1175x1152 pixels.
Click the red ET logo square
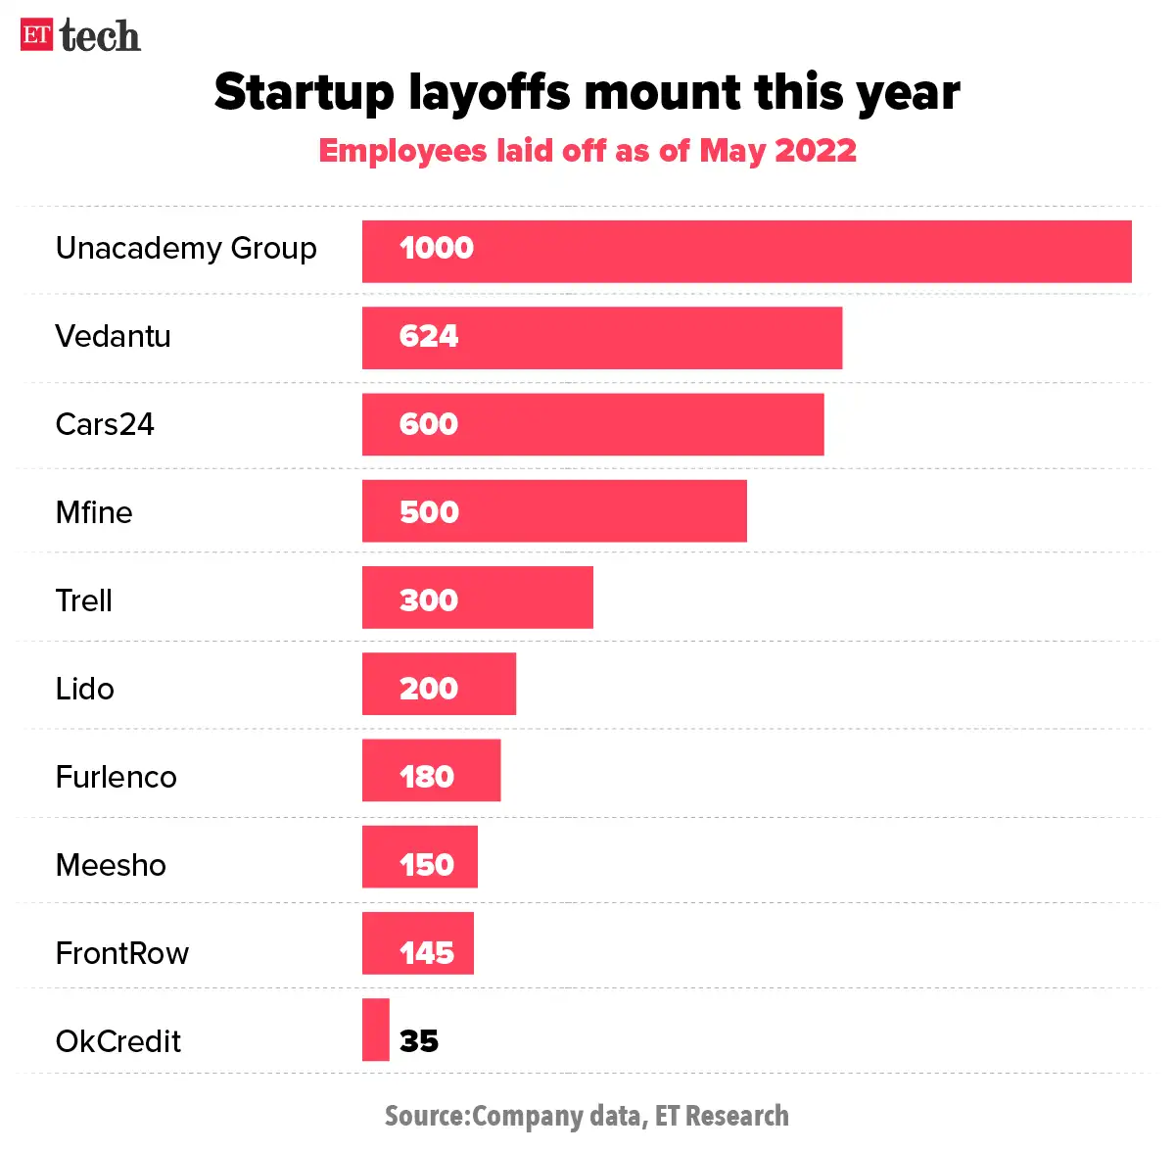point(36,35)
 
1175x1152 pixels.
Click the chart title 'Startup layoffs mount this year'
point(587,92)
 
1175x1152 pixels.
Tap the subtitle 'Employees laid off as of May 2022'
point(587,151)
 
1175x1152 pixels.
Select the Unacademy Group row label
point(186,249)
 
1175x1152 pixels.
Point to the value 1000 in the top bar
point(437,249)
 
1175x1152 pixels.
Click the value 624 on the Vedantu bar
point(429,337)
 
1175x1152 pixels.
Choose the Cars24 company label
point(105,425)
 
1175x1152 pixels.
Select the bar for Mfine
point(554,511)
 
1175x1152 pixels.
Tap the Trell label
point(84,600)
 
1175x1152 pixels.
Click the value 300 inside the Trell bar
point(429,600)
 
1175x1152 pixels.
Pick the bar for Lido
point(439,684)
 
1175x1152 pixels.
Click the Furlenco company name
point(117,777)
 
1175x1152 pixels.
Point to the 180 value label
point(427,777)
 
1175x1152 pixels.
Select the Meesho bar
point(419,857)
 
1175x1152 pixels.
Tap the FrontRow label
point(122,953)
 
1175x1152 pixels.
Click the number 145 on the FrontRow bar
point(427,953)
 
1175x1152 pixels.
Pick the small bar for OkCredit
point(375,1030)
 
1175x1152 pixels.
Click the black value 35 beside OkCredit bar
point(419,1040)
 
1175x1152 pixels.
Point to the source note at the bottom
point(587,1116)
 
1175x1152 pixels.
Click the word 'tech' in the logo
point(100,36)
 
